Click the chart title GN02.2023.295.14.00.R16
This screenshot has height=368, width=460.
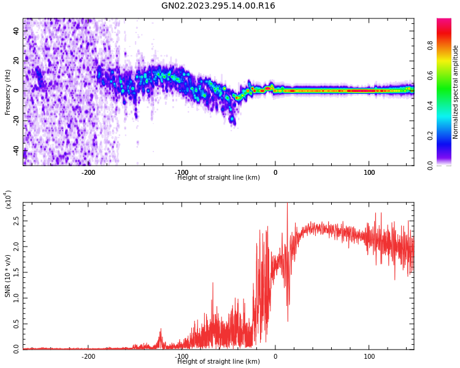[x=218, y=6]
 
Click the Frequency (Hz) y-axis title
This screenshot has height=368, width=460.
[x=8, y=92]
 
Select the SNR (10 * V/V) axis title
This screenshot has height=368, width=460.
[x=8, y=277]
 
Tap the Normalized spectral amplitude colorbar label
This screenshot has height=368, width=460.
[x=456, y=92]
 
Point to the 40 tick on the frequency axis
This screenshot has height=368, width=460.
[x=17, y=31]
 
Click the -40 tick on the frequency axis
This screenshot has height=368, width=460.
[x=15, y=150]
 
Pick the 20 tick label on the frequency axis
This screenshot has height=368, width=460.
[x=17, y=61]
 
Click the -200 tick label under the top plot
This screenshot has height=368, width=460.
[x=88, y=172]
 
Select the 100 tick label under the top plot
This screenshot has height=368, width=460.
[x=369, y=172]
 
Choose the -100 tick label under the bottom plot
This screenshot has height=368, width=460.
[x=182, y=356]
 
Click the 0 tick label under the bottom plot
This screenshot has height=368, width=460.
[x=275, y=356]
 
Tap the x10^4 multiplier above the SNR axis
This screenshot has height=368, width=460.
[x=8, y=199]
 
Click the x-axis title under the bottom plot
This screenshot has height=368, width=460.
[x=218, y=362]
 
